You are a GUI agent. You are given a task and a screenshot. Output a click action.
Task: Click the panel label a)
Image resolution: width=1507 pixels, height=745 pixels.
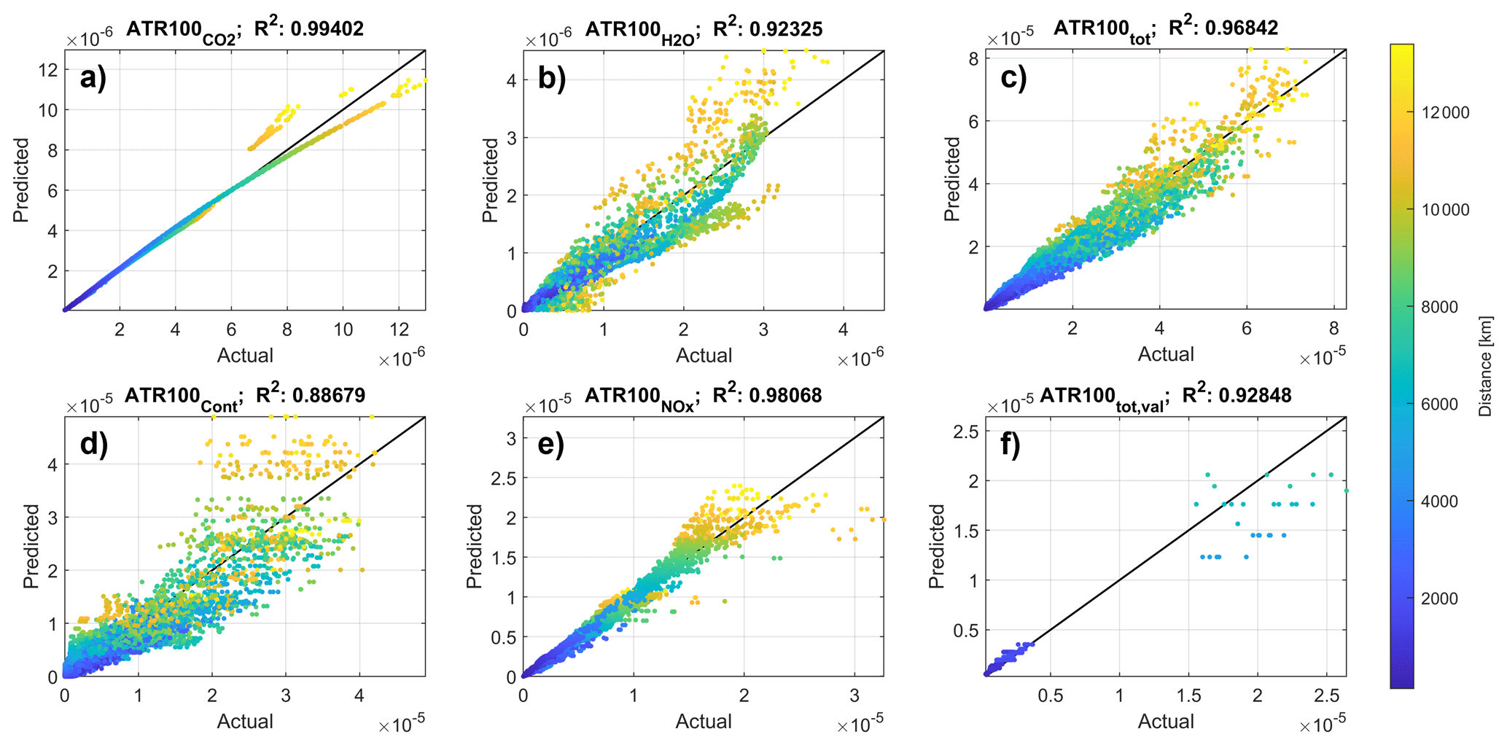[93, 77]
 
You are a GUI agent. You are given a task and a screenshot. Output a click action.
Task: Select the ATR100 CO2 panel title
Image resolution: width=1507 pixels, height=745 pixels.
[181, 31]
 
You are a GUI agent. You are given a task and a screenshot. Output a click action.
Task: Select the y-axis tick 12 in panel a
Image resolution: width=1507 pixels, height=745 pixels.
[49, 70]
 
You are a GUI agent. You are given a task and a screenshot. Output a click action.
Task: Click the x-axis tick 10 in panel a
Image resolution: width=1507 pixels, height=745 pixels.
[343, 329]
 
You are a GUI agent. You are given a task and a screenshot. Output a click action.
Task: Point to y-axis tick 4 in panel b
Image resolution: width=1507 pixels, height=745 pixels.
[511, 80]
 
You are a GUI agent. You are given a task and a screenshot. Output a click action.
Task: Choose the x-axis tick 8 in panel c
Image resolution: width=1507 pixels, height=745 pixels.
[1333, 328]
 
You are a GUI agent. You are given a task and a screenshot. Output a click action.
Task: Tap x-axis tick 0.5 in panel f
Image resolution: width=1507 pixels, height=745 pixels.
[1051, 695]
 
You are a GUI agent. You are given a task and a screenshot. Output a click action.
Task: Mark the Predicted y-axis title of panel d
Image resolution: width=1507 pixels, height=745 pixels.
[31, 546]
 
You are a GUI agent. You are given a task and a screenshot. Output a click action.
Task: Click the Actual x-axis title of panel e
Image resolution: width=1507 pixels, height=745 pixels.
[703, 722]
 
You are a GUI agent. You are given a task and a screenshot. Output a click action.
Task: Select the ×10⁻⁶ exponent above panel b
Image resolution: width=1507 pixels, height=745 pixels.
[548, 39]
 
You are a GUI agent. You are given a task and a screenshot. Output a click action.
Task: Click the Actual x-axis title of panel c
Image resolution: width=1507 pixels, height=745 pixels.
[1165, 354]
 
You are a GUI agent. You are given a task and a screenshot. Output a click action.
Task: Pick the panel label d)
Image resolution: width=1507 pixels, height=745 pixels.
[93, 443]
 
